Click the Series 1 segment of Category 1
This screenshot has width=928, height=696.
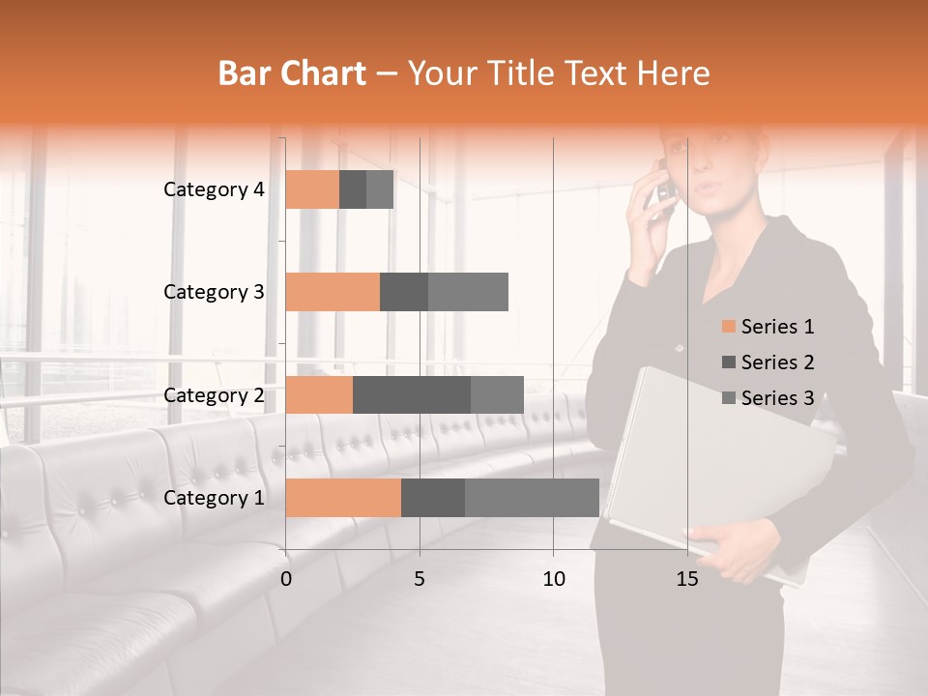click(x=343, y=498)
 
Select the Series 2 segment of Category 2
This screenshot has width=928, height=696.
click(x=412, y=394)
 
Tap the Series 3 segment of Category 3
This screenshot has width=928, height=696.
click(x=468, y=292)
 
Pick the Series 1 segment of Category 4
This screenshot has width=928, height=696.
click(x=312, y=189)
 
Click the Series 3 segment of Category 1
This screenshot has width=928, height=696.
click(x=532, y=498)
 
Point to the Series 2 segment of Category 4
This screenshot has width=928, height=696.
click(x=353, y=189)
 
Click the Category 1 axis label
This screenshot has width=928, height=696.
click(x=214, y=498)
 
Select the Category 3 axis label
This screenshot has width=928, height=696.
click(x=214, y=292)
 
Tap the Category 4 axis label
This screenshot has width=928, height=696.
click(x=214, y=189)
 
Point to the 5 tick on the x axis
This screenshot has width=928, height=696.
click(x=420, y=579)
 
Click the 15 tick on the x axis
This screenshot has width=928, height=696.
click(x=687, y=579)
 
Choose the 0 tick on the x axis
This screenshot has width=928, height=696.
click(x=286, y=579)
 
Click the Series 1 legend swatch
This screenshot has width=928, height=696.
click(x=728, y=327)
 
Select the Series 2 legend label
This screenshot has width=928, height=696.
click(x=777, y=362)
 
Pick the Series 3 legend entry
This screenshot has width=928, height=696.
click(x=768, y=398)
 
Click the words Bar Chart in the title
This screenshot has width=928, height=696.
click(x=292, y=73)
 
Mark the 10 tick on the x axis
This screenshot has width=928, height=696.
click(x=553, y=579)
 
